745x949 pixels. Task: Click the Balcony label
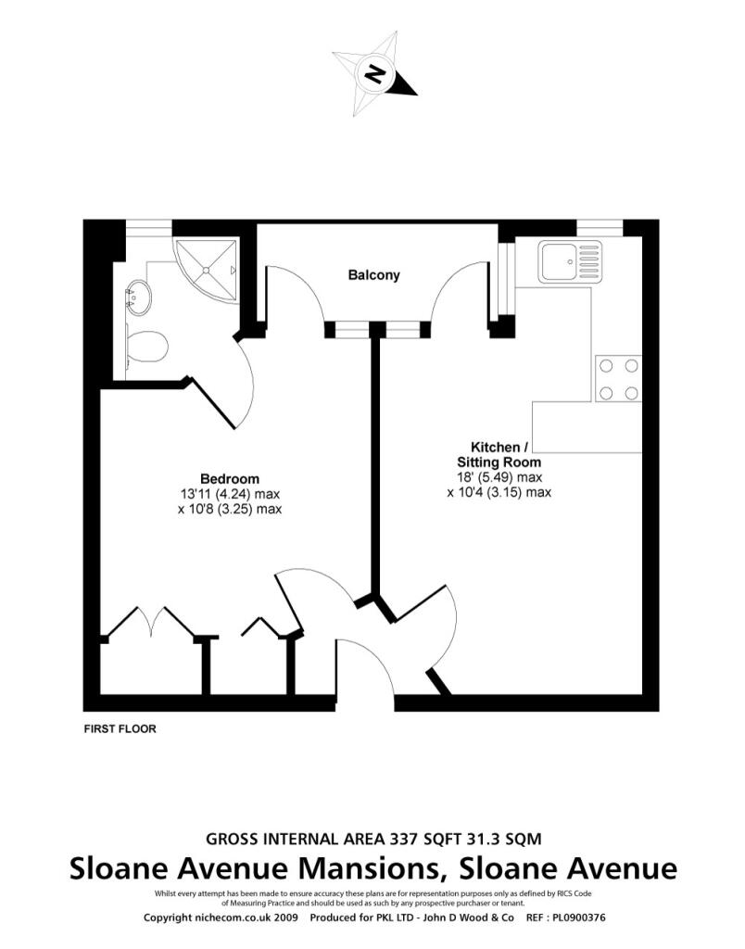click(x=373, y=275)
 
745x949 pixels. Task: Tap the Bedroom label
click(x=230, y=479)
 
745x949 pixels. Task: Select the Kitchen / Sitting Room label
click(x=499, y=454)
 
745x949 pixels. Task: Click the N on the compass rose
click(x=374, y=74)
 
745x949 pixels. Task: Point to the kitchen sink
click(x=571, y=260)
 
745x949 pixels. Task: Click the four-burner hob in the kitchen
click(x=618, y=379)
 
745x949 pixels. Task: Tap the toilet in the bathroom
click(x=146, y=347)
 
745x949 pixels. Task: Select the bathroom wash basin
click(x=139, y=297)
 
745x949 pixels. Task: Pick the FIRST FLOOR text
click(x=120, y=728)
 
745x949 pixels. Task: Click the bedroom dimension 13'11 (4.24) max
click(x=230, y=494)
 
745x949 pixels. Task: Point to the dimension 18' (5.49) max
click(x=499, y=477)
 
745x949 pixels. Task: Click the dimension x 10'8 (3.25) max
click(x=230, y=509)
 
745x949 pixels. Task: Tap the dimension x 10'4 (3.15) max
click(x=499, y=492)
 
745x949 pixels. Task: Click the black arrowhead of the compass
click(x=404, y=85)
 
